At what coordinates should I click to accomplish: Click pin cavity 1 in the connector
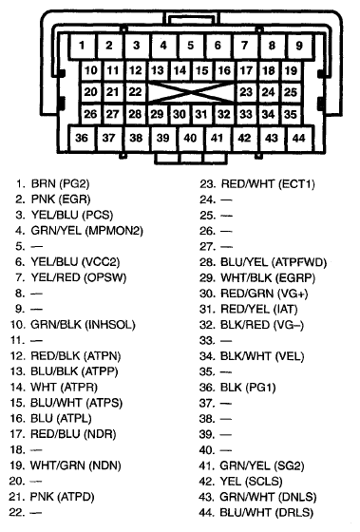pyautogui.click(x=83, y=46)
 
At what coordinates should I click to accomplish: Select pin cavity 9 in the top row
pyautogui.click(x=299, y=46)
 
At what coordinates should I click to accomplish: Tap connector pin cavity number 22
pyautogui.click(x=136, y=92)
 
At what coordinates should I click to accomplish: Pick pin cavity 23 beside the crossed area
pyautogui.click(x=246, y=92)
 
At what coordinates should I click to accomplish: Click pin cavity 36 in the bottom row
pyautogui.click(x=83, y=138)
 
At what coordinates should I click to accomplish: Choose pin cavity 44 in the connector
pyautogui.click(x=299, y=138)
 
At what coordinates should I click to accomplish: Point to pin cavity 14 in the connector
pyautogui.click(x=180, y=70)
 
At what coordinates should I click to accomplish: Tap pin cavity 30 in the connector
pyautogui.click(x=180, y=114)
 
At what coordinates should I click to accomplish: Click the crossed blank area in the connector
pyautogui.click(x=191, y=92)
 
